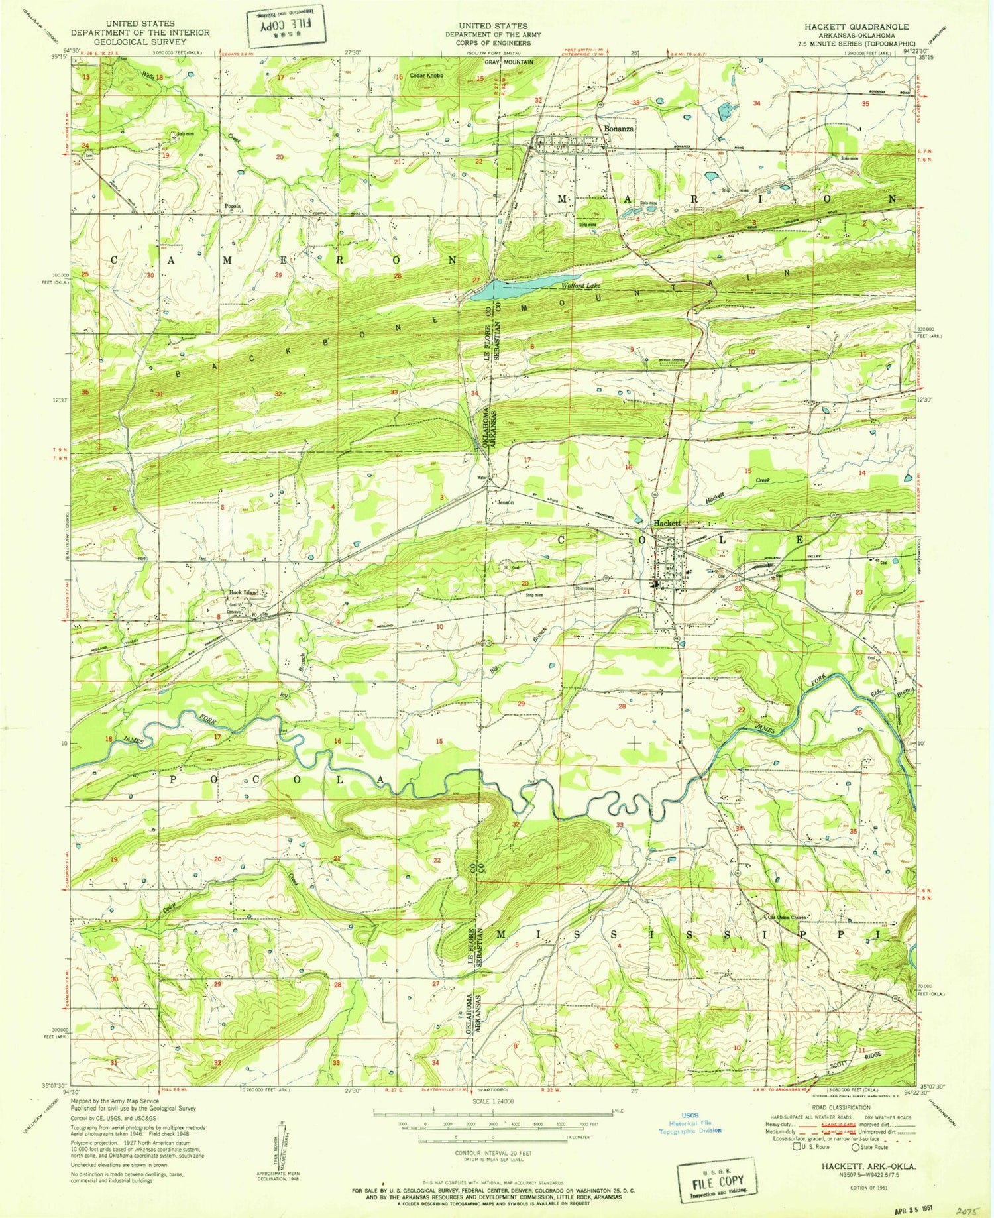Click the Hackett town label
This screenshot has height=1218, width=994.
pyautogui.click(x=667, y=523)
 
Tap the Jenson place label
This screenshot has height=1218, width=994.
pyautogui.click(x=506, y=502)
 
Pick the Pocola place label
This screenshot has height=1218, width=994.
pyautogui.click(x=232, y=205)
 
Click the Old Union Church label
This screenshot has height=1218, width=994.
pyautogui.click(x=787, y=918)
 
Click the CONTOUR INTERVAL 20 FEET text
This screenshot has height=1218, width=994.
pyautogui.click(x=493, y=1154)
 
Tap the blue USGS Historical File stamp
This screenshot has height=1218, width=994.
pyautogui.click(x=689, y=1126)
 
